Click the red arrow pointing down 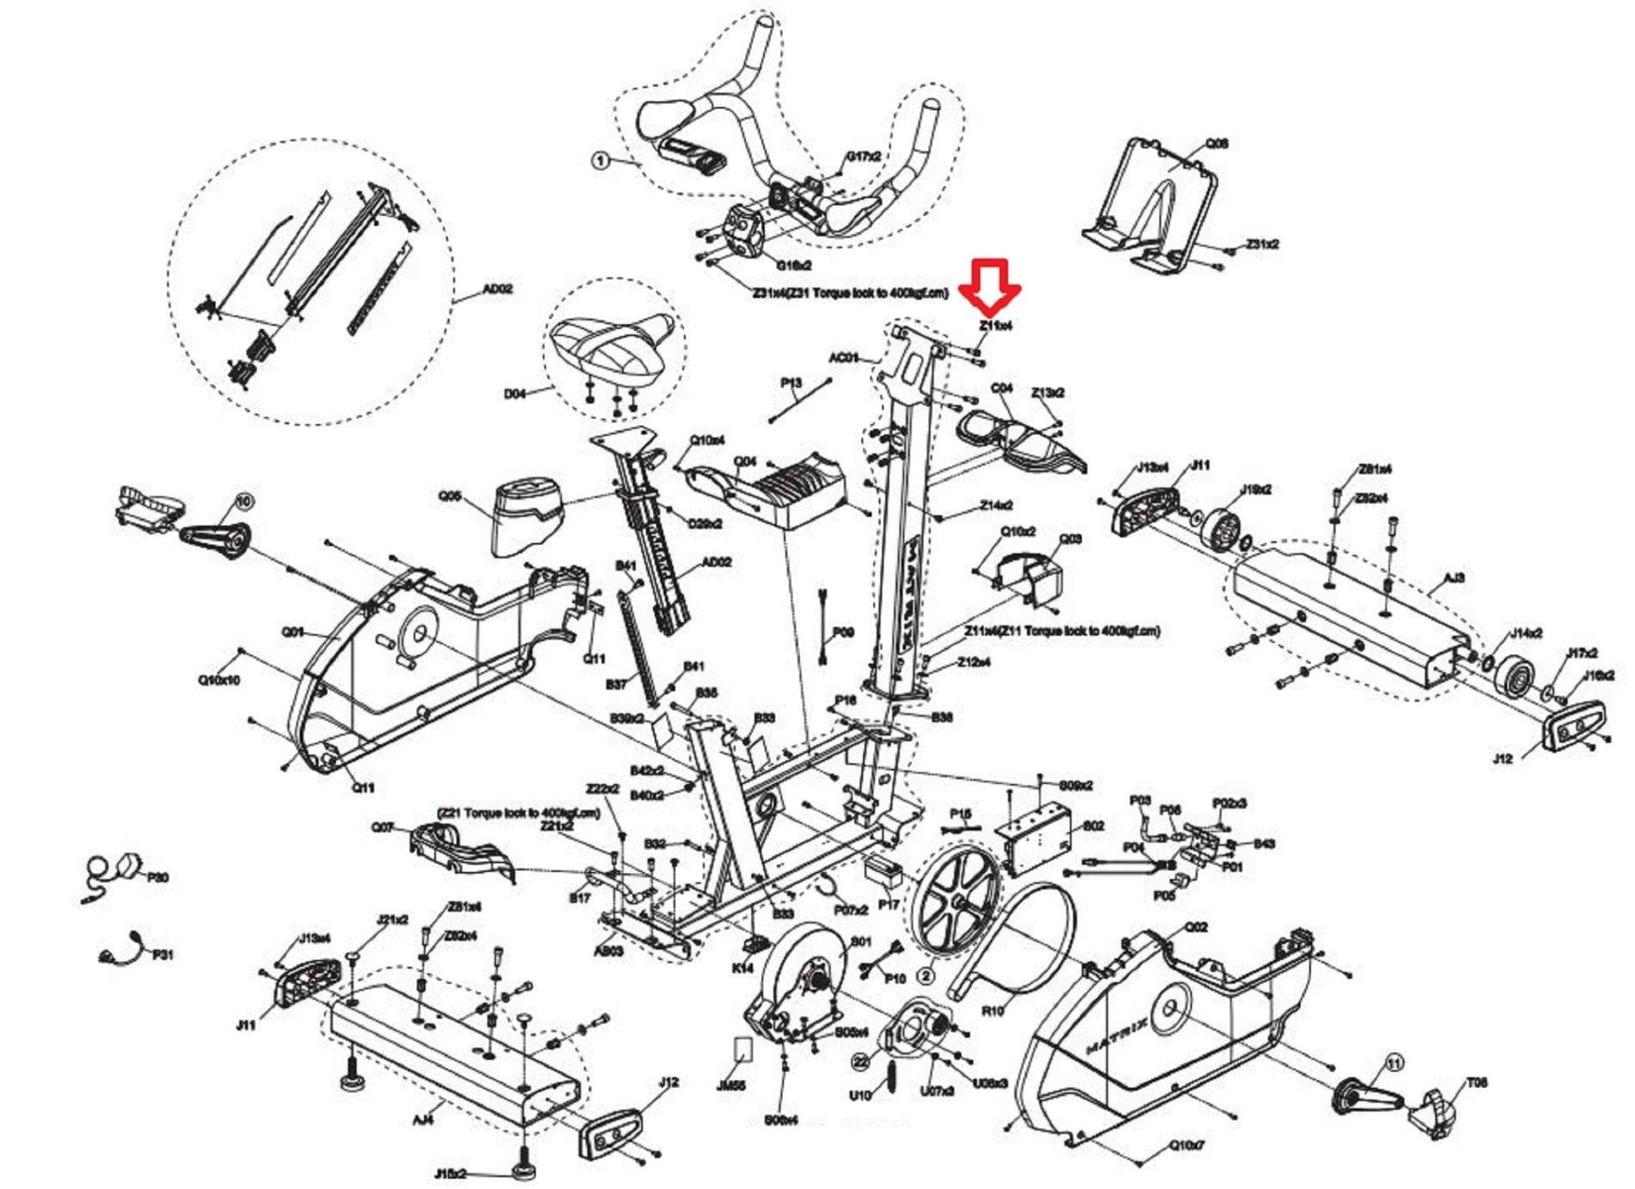990,286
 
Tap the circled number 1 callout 600,161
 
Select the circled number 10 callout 243,501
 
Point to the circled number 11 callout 1394,1063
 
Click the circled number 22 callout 861,1061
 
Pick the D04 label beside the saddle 515,394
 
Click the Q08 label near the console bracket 1217,144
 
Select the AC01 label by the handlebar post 844,358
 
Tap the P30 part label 158,878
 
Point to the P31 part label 163,954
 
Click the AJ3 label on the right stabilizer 1455,577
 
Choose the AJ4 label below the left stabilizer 423,1120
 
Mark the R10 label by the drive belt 992,1011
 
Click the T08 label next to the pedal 1476,1083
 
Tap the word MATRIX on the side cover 1118,1036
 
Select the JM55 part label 731,1086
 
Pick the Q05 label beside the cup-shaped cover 450,496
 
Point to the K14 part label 742,968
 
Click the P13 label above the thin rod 790,383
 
